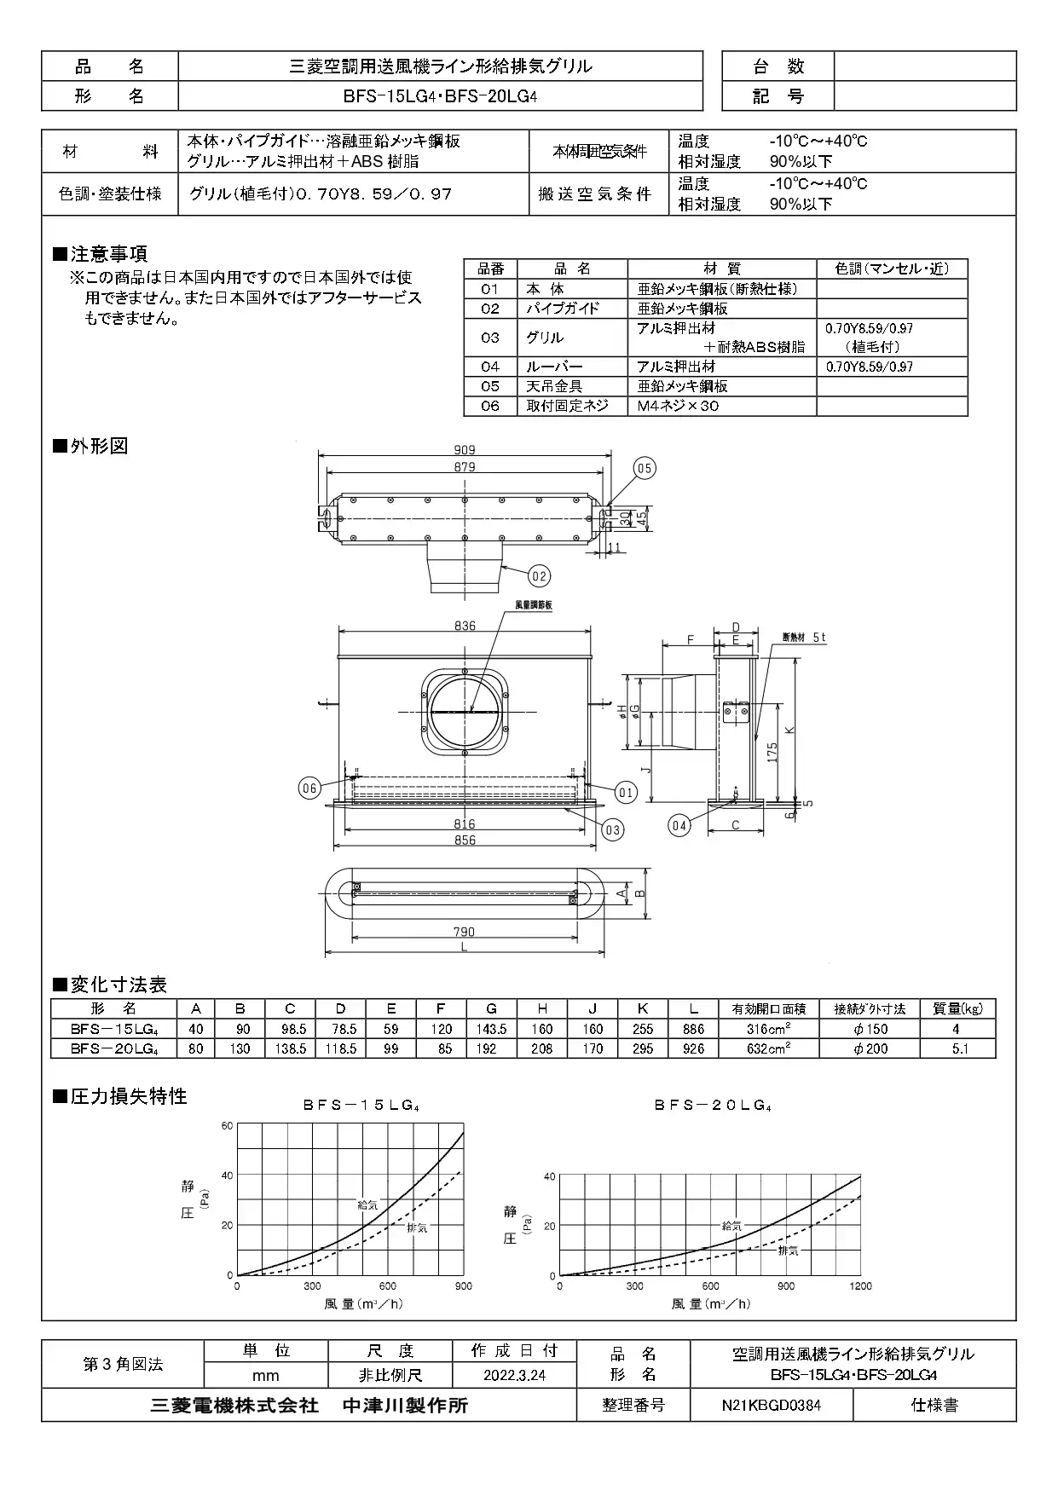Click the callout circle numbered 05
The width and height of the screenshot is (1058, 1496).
click(x=645, y=468)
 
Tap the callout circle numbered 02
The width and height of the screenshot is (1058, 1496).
click(x=539, y=576)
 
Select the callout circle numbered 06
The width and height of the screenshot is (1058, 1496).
click(x=309, y=788)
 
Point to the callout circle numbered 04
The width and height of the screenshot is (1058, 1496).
click(x=679, y=825)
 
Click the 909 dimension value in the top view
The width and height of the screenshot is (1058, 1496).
click(x=465, y=450)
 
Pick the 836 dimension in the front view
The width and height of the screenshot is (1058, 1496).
click(x=465, y=627)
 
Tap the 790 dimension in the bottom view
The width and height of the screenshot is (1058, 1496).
click(x=464, y=933)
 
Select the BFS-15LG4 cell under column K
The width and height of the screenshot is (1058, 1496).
click(x=643, y=1029)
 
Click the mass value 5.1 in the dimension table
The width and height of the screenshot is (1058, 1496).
click(x=960, y=1048)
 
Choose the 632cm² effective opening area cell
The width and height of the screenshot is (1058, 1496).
click(x=768, y=1048)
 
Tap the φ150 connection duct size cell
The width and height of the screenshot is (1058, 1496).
click(x=870, y=1029)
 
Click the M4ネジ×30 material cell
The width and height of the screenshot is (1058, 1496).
click(x=679, y=407)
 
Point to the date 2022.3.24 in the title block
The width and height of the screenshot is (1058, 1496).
click(x=514, y=1375)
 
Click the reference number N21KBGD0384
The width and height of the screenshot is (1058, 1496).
click(x=771, y=1406)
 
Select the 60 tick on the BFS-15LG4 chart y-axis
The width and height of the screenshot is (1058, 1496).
click(x=227, y=1125)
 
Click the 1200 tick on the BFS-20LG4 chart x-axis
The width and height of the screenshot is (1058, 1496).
click(x=860, y=1286)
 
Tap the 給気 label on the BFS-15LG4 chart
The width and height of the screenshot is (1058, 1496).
click(x=368, y=1204)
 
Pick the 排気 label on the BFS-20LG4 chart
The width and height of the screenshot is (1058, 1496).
click(x=788, y=1251)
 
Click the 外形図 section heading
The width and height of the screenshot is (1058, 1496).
click(x=99, y=446)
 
